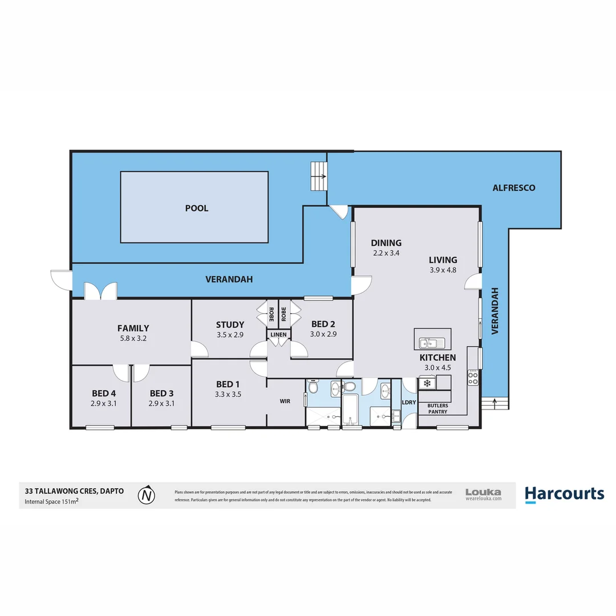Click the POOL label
(197, 208)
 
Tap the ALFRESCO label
(514, 187)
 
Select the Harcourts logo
(564, 494)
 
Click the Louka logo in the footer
(483, 494)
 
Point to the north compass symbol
(147, 495)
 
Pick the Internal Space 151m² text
(51, 502)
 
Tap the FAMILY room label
(133, 328)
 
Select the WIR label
(285, 401)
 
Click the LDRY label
(409, 402)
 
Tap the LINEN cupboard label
(279, 334)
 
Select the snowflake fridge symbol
(426, 383)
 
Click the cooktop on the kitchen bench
(473, 378)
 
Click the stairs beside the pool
(318, 176)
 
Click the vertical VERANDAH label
(495, 311)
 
